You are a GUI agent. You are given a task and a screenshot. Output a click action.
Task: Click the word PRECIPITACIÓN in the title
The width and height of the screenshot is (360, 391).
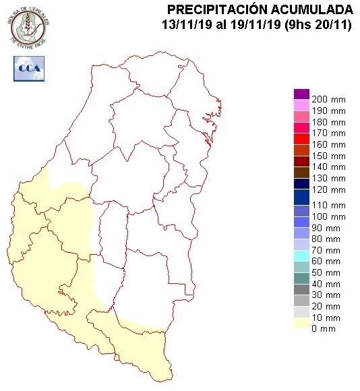[218, 9]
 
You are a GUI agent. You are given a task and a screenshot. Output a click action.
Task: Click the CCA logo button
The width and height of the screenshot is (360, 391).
[28, 67]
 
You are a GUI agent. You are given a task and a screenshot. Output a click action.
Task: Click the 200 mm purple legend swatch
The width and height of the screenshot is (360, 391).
[301, 94]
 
